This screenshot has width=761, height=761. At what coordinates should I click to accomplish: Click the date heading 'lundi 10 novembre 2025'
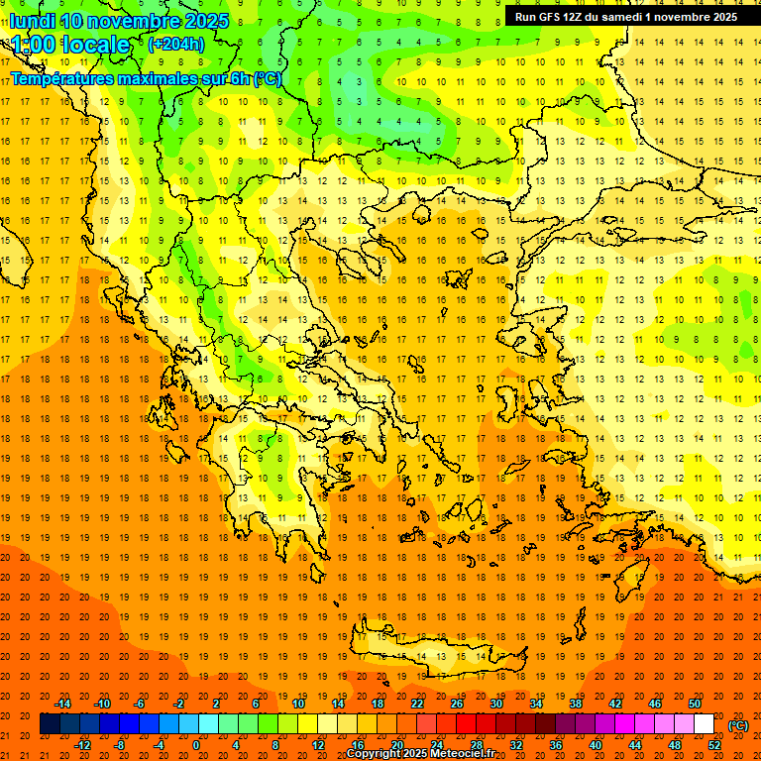coord(119,21)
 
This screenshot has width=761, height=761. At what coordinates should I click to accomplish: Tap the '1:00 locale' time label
coord(70,46)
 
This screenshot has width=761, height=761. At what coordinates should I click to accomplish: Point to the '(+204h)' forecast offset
coord(176,45)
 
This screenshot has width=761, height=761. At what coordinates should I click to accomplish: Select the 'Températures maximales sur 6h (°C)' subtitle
coord(146,78)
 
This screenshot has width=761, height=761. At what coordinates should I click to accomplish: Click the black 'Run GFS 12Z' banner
coord(625,17)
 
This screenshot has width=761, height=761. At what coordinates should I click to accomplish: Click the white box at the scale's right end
coord(705,724)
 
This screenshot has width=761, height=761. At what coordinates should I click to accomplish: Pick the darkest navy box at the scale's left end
coord(50,724)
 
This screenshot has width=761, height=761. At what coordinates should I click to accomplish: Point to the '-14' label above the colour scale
coord(62,704)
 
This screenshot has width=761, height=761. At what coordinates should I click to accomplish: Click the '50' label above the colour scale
coord(695,704)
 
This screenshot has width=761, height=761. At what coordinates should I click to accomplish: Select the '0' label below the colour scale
coord(196,745)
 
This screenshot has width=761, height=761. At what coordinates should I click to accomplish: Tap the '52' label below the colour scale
coord(714,745)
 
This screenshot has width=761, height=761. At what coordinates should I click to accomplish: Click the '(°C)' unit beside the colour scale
coord(738,725)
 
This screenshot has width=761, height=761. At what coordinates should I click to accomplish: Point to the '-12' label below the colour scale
coord(82,745)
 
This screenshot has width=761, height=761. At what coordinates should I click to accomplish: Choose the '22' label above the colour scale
coord(417,704)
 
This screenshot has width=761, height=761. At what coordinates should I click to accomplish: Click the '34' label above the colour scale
coord(536,704)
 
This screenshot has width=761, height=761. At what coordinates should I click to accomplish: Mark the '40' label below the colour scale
coord(596,745)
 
